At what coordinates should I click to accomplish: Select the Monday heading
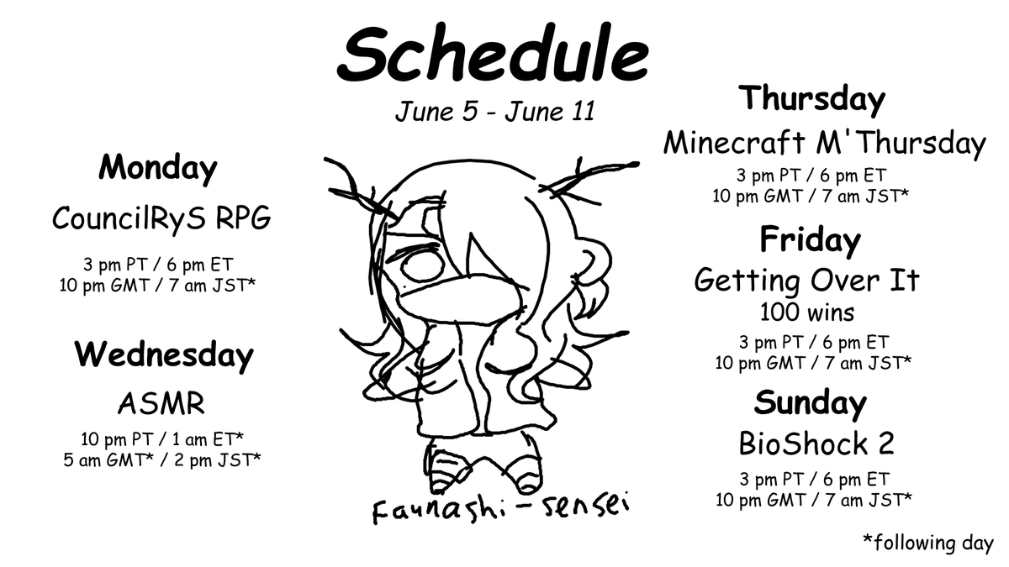click(x=158, y=168)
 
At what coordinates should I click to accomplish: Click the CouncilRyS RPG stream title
click(x=161, y=218)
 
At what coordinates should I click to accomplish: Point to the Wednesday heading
click(x=163, y=355)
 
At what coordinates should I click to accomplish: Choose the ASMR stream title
click(x=161, y=404)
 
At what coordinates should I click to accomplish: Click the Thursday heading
click(x=811, y=99)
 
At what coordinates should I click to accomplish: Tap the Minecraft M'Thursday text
click(x=824, y=144)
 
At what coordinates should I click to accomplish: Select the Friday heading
click(x=810, y=240)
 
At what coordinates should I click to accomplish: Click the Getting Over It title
click(x=806, y=281)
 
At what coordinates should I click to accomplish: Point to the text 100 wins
click(x=806, y=313)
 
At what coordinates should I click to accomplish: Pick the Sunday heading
click(x=810, y=403)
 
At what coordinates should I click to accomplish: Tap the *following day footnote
click(x=928, y=543)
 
